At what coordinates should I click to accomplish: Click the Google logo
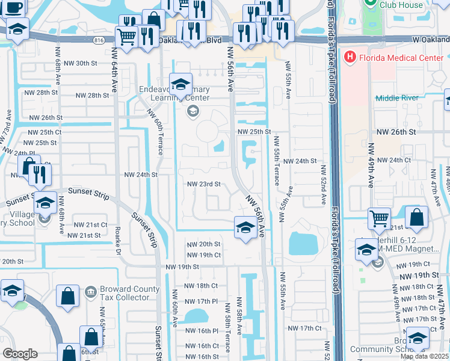[20, 354]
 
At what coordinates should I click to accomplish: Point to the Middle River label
[396, 98]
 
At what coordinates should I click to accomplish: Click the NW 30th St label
[79, 63]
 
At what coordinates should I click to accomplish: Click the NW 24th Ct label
[391, 160]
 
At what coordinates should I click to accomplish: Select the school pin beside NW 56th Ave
[244, 227]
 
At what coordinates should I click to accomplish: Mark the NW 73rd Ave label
[8, 123]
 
